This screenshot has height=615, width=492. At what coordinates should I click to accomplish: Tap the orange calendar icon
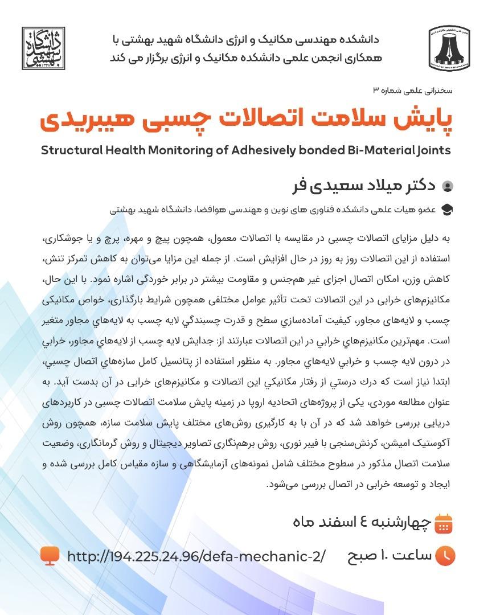[443, 522]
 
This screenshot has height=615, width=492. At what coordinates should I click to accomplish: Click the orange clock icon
[445, 556]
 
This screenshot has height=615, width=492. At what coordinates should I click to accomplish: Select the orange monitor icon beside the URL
[50, 555]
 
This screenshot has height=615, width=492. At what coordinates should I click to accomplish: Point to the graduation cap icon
[448, 210]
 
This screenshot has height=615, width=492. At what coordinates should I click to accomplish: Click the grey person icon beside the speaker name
[448, 186]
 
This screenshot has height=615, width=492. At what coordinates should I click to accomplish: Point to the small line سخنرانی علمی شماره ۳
[412, 91]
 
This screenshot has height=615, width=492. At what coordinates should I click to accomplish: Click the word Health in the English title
[125, 151]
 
